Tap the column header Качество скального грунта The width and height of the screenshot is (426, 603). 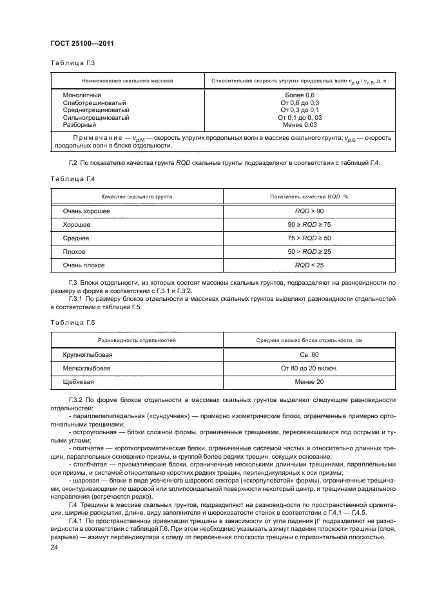coord(135,196)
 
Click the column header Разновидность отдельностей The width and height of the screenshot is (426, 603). coord(136,339)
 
